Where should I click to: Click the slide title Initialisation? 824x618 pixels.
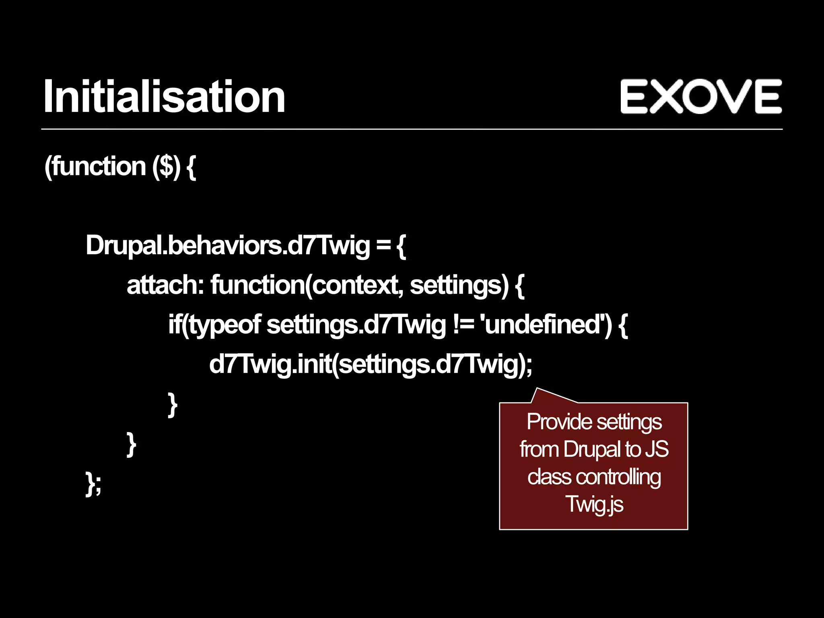(x=164, y=97)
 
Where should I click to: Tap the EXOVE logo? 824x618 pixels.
(x=701, y=97)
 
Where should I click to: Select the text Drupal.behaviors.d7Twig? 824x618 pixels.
(x=227, y=245)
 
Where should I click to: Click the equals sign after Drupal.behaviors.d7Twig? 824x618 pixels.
(x=383, y=245)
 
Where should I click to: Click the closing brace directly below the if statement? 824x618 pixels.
(x=173, y=405)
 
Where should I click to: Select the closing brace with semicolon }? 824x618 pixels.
(x=93, y=484)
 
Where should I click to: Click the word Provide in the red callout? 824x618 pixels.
(x=559, y=422)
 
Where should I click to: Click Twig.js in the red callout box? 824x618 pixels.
(x=594, y=505)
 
